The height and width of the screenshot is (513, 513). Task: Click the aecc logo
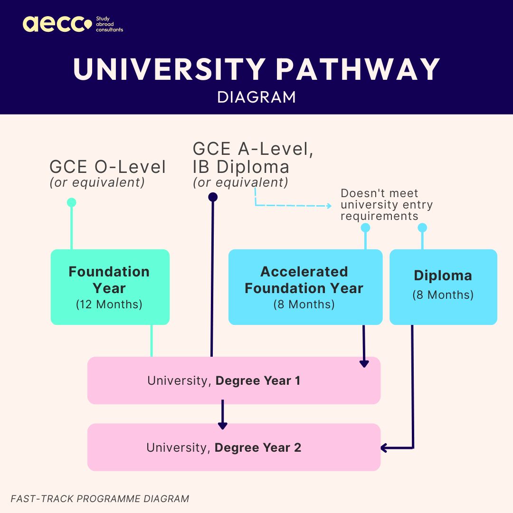pos(57,24)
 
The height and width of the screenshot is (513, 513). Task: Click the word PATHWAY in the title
pos(358,69)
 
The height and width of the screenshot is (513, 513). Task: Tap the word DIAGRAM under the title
pos(256,97)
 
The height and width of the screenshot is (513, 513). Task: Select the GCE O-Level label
pos(108,167)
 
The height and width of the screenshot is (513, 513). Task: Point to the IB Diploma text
pos(241,167)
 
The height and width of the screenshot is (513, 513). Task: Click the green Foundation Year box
pos(110,287)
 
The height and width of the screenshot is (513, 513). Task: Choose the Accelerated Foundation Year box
pos(305,287)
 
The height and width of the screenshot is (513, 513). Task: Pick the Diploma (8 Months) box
pos(443,287)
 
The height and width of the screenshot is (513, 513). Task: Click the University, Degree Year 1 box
pos(234,380)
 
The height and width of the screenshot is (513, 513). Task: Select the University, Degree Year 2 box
pos(234,447)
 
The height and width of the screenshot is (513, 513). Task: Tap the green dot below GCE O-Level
pos(71,203)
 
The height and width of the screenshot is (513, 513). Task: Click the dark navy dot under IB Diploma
pos(213,197)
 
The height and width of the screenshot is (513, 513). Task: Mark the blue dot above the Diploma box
pos(422,228)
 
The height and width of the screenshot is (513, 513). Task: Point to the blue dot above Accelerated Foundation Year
pos(365,228)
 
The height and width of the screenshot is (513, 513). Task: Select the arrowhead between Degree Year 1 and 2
pos(222,426)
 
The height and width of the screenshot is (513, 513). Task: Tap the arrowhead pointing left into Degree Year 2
pos(384,447)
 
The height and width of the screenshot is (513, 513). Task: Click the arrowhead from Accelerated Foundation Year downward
pos(364,364)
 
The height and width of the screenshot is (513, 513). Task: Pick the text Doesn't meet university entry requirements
pos(386,205)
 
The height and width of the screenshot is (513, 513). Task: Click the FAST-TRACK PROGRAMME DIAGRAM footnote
pos(100,499)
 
